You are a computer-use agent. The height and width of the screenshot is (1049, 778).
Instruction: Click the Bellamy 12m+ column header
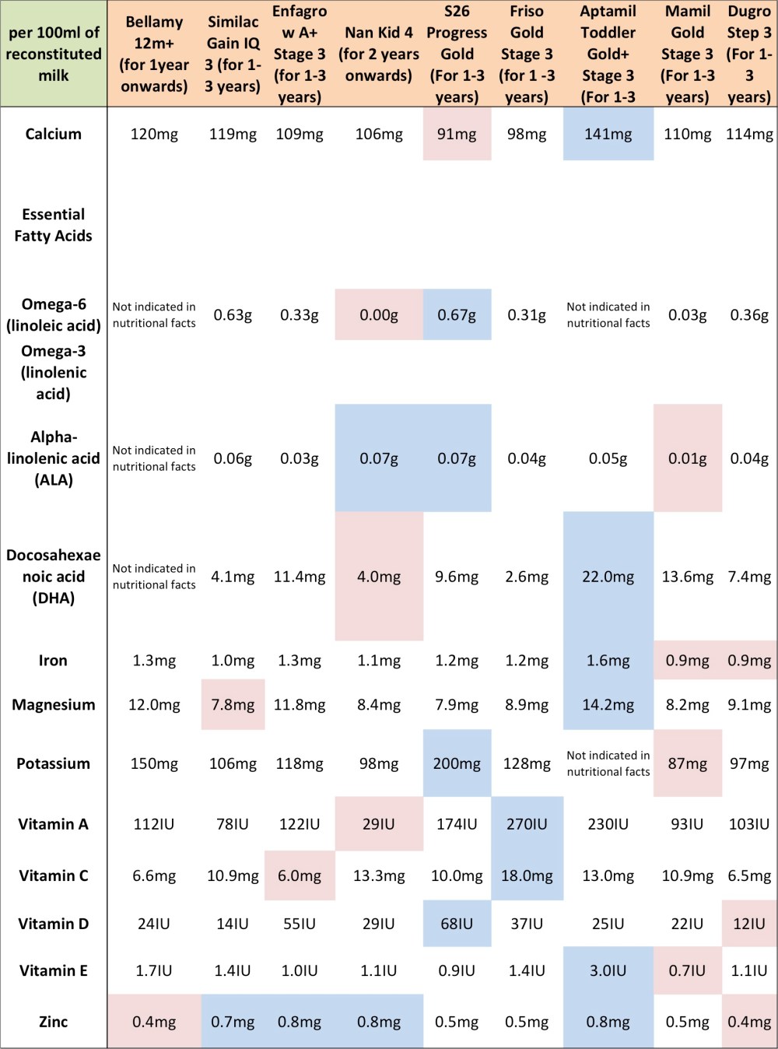click(x=154, y=54)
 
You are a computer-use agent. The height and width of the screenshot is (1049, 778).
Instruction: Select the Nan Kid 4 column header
click(x=379, y=54)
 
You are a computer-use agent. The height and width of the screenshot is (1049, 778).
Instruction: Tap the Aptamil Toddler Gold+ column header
click(x=608, y=54)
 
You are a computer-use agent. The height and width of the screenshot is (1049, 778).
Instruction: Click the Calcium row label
click(x=53, y=134)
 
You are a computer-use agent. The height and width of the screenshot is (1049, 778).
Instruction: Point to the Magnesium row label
click(x=53, y=705)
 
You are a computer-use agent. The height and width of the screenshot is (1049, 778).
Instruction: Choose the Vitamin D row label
click(x=53, y=924)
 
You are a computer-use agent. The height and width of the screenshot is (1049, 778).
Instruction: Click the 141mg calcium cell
click(x=608, y=134)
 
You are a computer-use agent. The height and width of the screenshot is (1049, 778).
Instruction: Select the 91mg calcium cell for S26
click(x=457, y=134)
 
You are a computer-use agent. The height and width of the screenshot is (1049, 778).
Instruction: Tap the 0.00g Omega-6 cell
click(x=379, y=315)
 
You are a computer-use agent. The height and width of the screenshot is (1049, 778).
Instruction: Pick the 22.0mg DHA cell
click(x=608, y=577)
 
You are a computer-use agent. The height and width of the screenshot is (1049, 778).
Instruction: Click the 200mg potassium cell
click(x=457, y=763)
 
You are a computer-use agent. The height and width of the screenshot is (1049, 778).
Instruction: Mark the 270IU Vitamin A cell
click(x=527, y=823)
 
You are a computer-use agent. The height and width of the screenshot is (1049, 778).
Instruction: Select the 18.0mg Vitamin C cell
click(x=527, y=875)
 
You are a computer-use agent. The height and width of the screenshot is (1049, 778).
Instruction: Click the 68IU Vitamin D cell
click(x=457, y=924)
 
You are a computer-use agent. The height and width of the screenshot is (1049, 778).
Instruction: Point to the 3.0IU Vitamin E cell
click(x=608, y=970)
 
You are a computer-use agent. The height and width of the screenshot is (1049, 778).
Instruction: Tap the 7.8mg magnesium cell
click(x=233, y=705)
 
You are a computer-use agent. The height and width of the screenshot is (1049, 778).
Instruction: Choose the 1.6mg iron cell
click(x=608, y=661)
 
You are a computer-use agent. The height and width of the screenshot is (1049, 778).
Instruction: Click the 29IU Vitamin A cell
click(x=379, y=823)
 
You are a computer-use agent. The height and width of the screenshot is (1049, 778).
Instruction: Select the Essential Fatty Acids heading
click(x=53, y=225)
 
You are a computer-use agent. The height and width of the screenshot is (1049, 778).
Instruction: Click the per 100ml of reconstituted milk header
click(x=53, y=54)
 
